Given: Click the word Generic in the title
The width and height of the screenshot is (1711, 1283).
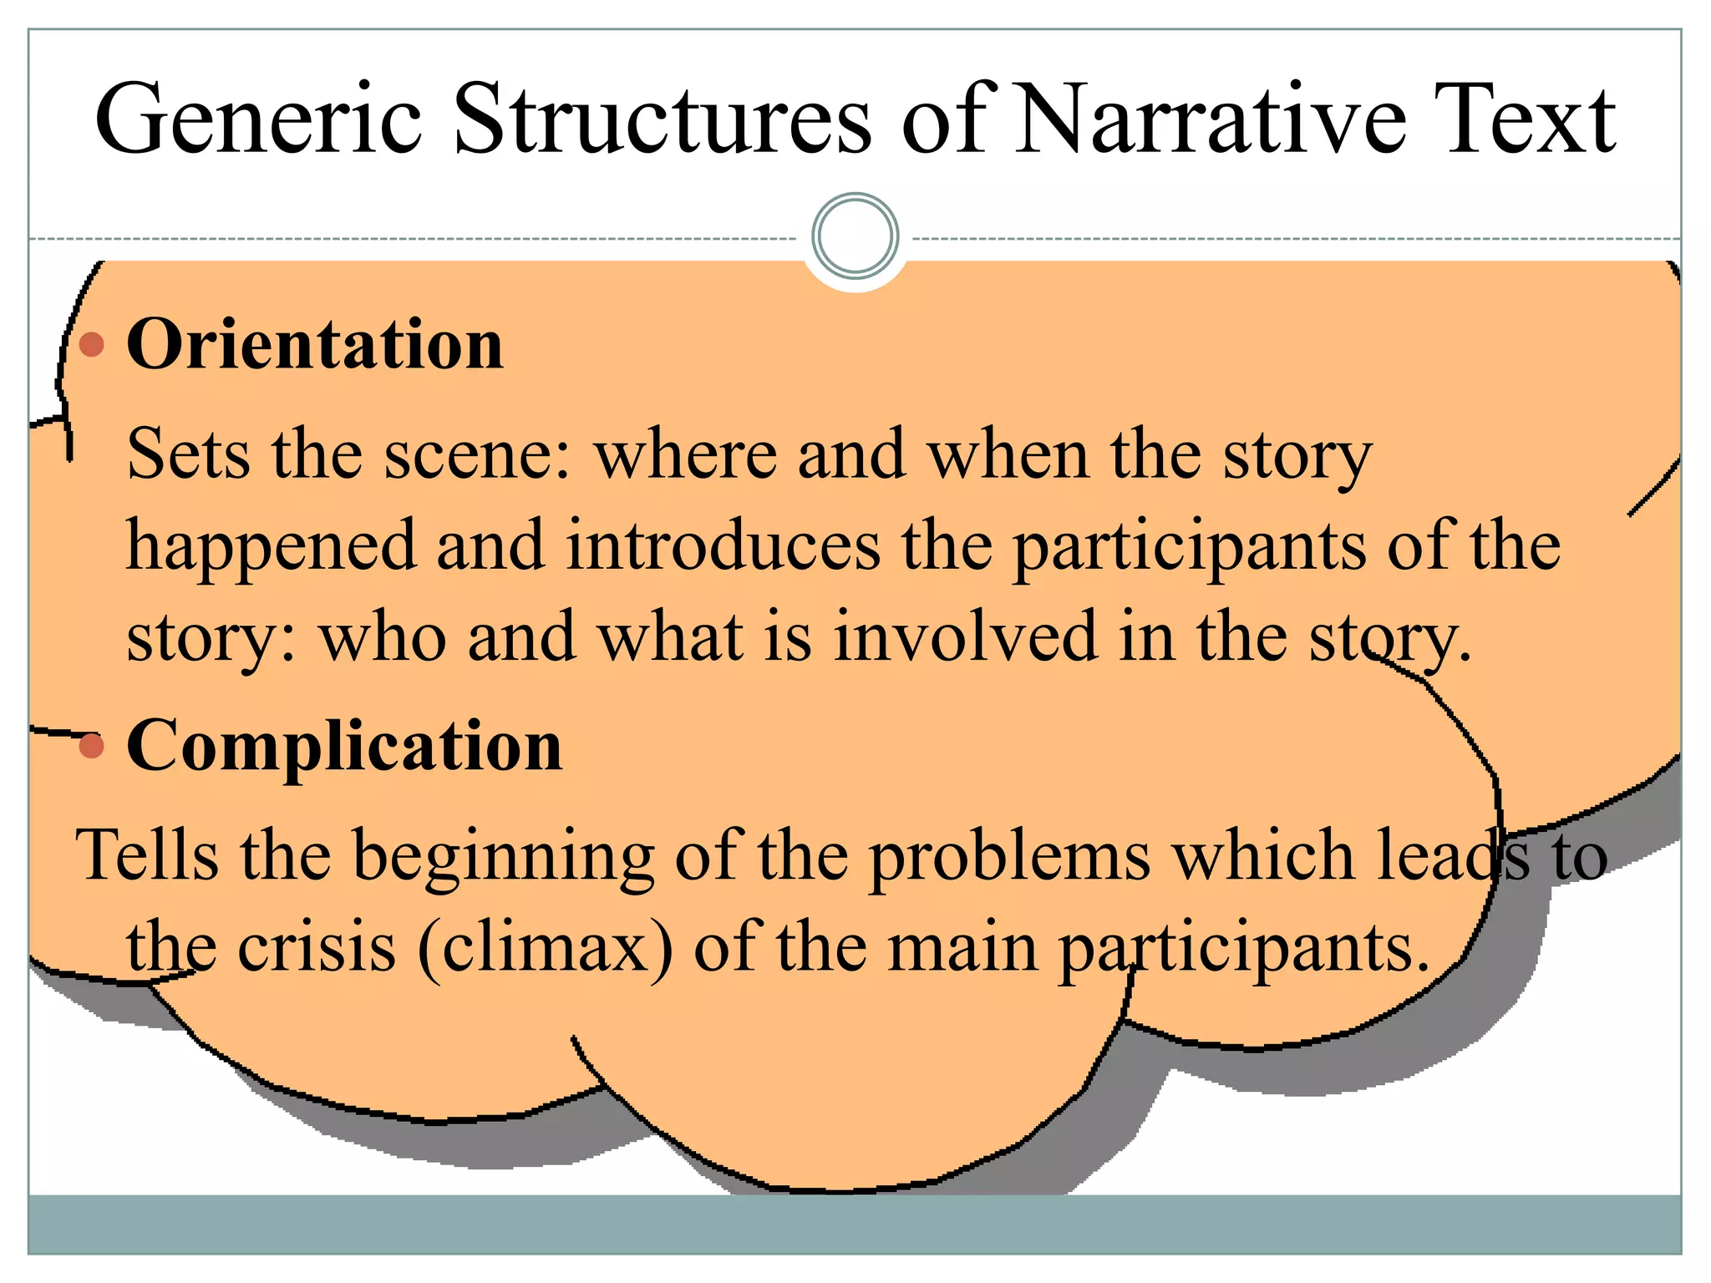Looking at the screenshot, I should click(259, 121).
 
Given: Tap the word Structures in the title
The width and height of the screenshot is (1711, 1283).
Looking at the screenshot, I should click(663, 121).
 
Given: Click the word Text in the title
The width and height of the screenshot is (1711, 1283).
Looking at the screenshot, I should click(1526, 121).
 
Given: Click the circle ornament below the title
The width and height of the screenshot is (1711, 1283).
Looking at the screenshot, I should click(855, 236).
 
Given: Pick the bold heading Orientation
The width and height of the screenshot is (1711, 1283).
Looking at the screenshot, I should click(315, 345).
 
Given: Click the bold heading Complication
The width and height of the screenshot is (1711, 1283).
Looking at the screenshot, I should click(344, 746).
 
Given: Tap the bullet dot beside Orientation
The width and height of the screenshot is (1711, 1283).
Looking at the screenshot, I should click(92, 344).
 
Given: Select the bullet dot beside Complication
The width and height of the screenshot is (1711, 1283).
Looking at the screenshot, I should click(92, 746).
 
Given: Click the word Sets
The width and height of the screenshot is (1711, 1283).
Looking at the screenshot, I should click(187, 455).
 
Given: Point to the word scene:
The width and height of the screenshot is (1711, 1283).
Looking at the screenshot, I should click(478, 455).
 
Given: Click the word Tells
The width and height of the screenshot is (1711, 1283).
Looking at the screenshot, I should click(146, 855).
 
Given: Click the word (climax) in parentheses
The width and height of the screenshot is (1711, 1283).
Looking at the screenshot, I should click(545, 949).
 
